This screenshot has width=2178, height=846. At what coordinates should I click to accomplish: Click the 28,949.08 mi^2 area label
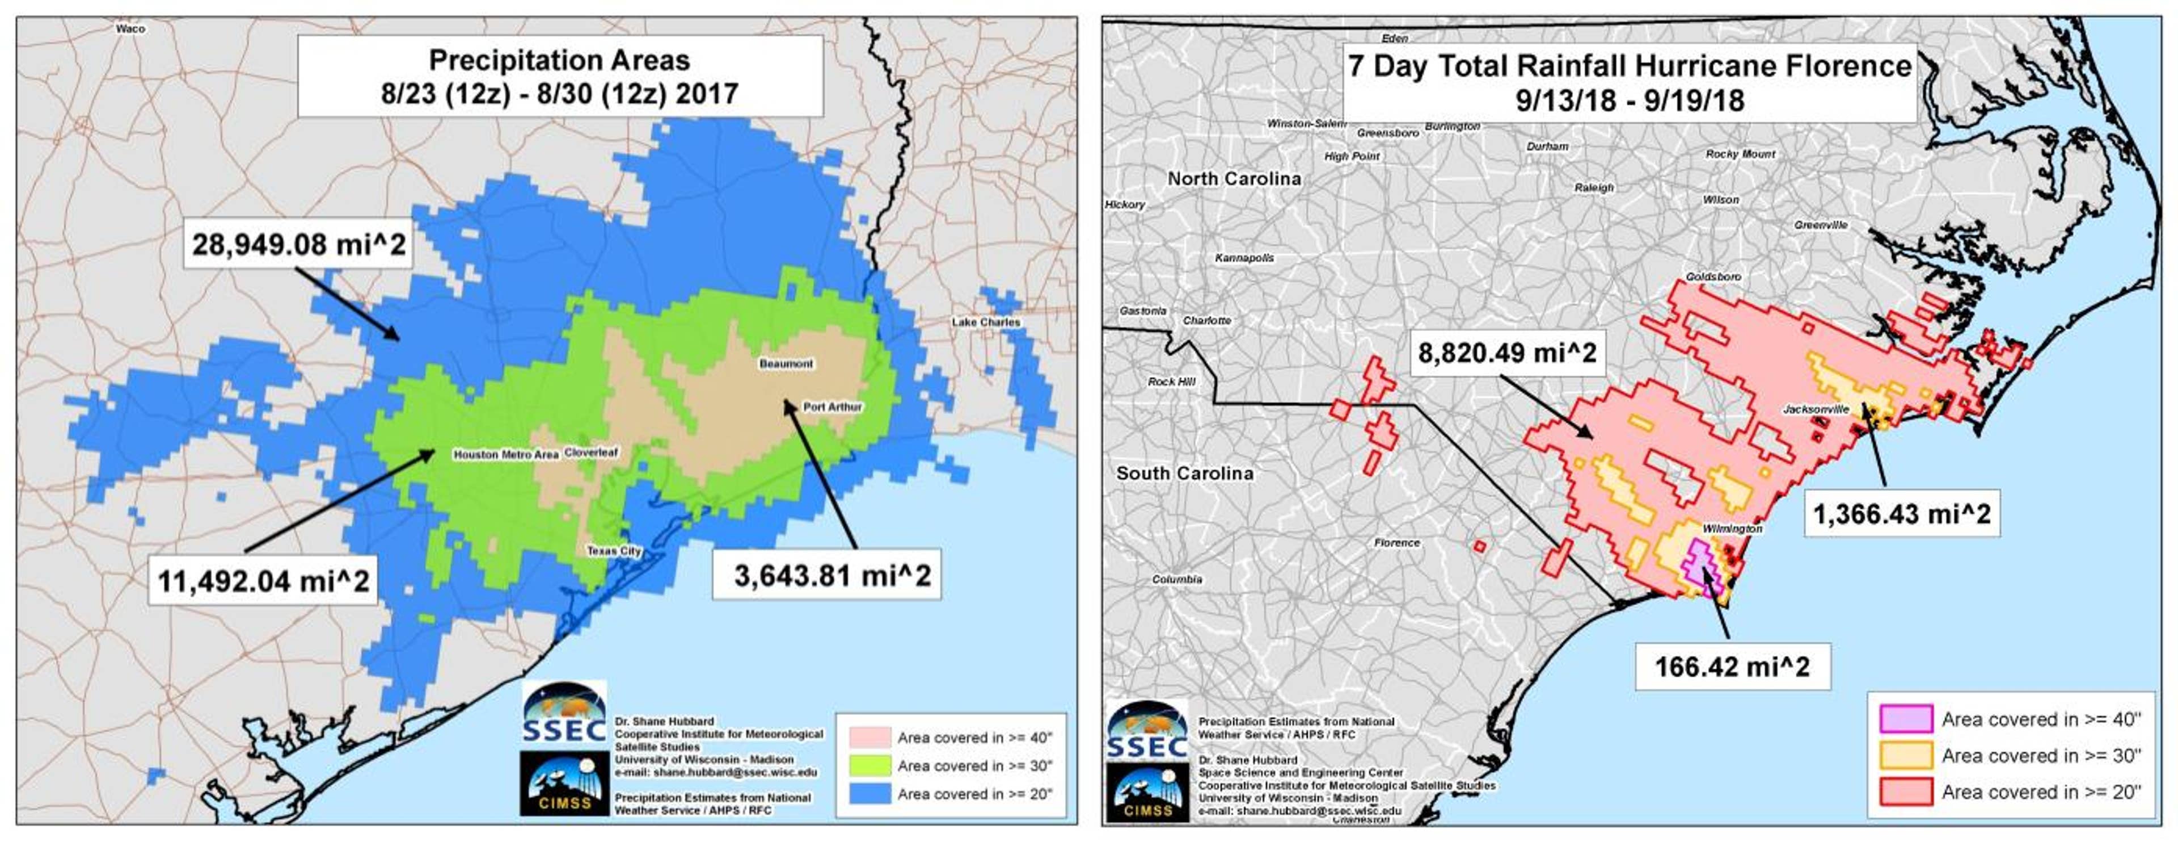[x=298, y=245]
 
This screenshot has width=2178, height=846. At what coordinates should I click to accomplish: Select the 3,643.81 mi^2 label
[x=832, y=576]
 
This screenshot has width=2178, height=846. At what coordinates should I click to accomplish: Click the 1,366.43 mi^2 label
[x=1902, y=513]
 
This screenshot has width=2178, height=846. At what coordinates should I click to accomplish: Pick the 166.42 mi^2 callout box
[x=1732, y=667]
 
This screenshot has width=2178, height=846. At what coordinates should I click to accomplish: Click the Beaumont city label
[x=786, y=364]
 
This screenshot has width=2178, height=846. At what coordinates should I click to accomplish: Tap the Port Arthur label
[x=832, y=407]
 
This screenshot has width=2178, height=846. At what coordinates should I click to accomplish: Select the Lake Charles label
[x=986, y=323]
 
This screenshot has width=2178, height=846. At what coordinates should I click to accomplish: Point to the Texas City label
[x=615, y=551]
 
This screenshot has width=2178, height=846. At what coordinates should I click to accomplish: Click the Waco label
[x=130, y=29]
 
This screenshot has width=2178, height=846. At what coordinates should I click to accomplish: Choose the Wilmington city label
[x=1732, y=529]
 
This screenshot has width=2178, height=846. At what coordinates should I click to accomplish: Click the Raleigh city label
[x=1594, y=188]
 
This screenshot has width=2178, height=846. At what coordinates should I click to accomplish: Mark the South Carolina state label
[x=1184, y=473]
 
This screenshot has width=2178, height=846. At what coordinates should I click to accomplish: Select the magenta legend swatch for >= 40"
[x=1906, y=719]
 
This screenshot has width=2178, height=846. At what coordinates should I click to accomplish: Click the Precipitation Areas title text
[x=560, y=60]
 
